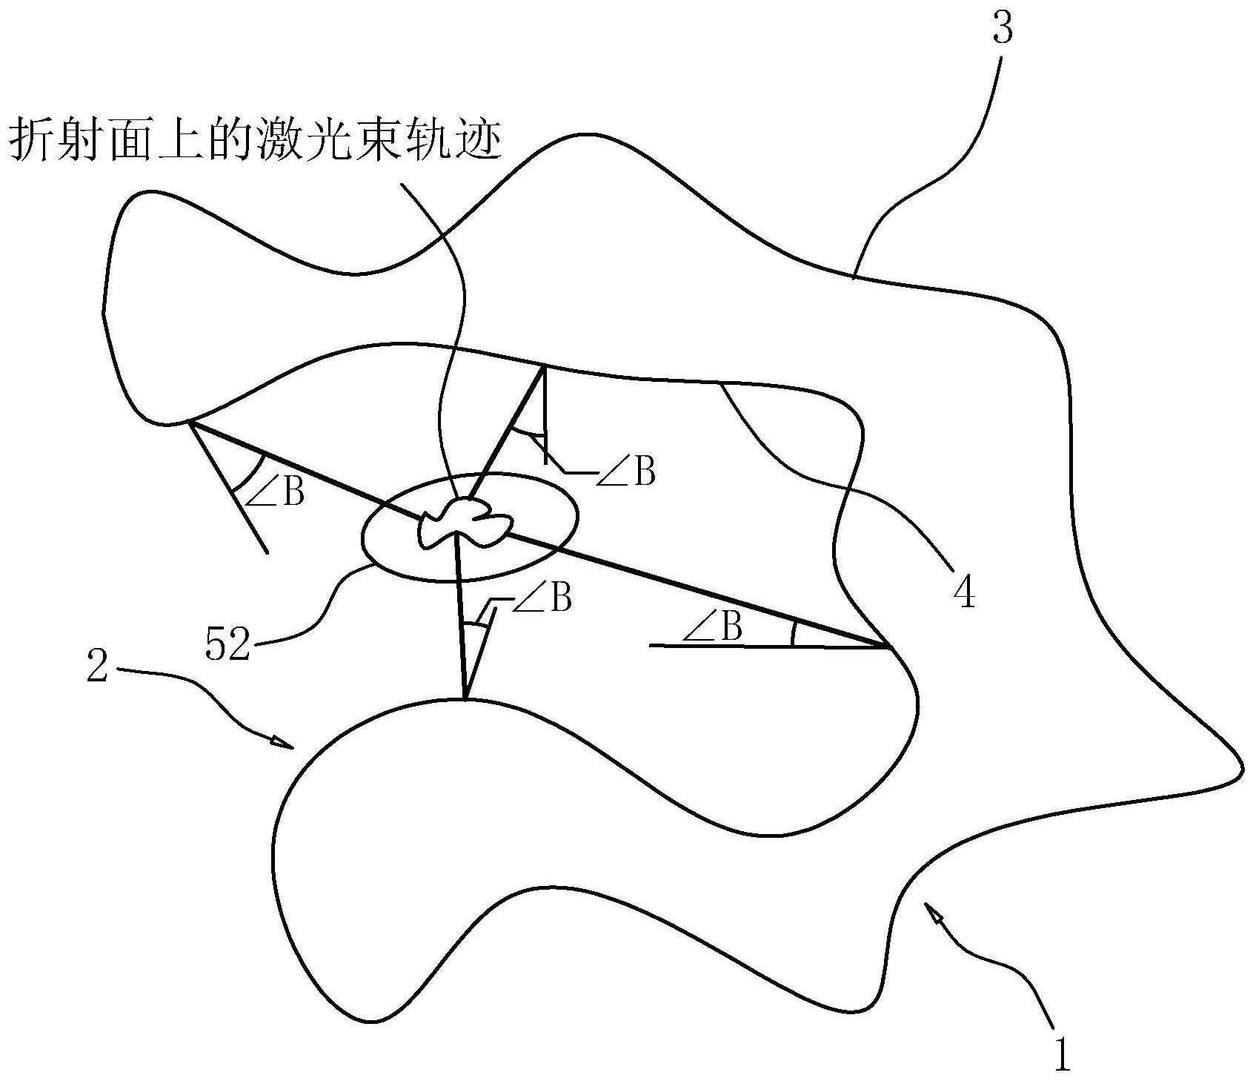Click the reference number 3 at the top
(x=1001, y=30)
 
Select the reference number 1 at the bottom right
(x=1063, y=1054)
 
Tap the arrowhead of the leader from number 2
(x=283, y=741)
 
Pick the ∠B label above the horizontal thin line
(x=713, y=628)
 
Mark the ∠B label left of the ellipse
(x=275, y=493)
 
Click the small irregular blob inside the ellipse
(x=465, y=521)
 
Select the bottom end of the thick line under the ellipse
(x=465, y=698)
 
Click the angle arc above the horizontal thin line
(x=794, y=634)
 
